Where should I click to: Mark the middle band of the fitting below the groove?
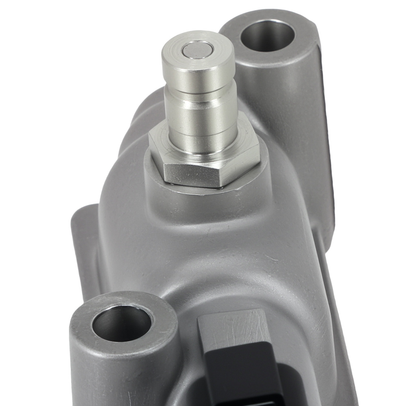201,118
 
